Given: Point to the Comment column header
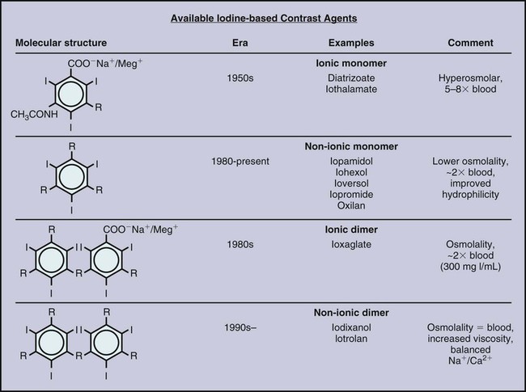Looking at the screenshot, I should (x=471, y=42).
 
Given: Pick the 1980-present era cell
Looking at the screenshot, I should (x=240, y=161).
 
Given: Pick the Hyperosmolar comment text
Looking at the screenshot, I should (x=471, y=78).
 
